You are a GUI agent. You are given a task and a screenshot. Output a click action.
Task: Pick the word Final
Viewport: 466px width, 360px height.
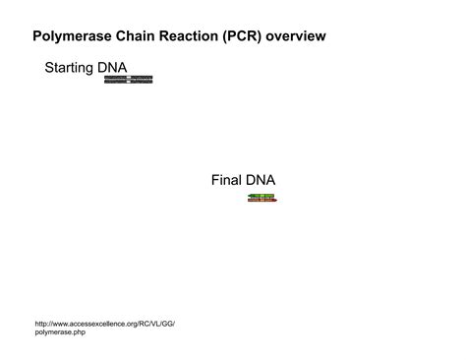[227, 180]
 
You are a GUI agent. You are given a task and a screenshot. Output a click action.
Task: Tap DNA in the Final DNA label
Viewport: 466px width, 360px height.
[262, 180]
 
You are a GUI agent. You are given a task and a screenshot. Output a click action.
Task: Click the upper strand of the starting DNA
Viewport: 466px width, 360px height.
[129, 77]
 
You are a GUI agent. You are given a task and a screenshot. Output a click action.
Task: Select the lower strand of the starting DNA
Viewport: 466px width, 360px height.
[129, 82]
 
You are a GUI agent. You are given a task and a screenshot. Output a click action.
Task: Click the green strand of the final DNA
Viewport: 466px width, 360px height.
[262, 196]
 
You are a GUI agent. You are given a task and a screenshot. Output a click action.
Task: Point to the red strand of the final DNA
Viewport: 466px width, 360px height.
[262, 201]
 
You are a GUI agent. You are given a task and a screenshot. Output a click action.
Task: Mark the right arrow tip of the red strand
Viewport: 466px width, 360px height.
[276, 201]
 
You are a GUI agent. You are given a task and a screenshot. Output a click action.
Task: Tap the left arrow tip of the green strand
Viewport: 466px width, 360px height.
[249, 196]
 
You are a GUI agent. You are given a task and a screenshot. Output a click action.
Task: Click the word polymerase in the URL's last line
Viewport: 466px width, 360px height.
[54, 333]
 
